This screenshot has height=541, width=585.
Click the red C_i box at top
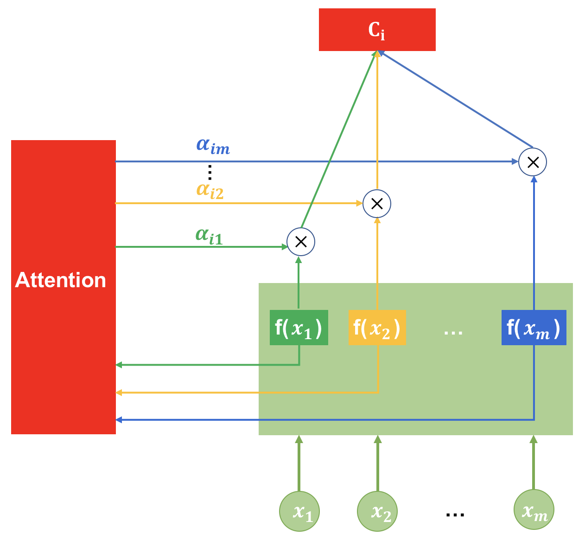point(377,30)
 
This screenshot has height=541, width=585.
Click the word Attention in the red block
point(61,280)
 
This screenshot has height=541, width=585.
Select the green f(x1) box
point(299,328)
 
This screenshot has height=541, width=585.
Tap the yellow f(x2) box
point(377,328)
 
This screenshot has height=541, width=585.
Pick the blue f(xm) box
point(534,328)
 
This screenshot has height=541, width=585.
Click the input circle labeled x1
point(299,511)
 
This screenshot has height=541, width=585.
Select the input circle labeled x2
point(377,511)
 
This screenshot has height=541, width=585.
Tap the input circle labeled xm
point(534,510)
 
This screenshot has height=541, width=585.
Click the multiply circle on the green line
point(301,242)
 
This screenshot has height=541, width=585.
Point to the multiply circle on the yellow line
point(377,204)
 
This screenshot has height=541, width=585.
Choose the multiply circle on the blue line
point(533,162)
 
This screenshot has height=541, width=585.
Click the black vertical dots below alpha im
point(210,172)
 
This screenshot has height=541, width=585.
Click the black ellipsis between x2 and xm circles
point(455,514)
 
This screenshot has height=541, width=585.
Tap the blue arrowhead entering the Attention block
point(119,420)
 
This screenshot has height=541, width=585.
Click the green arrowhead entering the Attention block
point(119,365)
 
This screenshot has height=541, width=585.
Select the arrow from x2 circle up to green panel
point(378,464)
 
